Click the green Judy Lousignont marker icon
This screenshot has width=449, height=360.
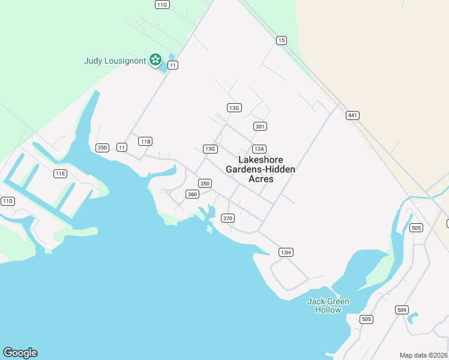point(155,59)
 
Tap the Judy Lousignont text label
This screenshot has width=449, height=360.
point(115,60)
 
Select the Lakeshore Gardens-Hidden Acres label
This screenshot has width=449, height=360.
point(261,169)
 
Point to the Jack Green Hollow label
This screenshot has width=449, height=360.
point(328,305)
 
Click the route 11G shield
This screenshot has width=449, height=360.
point(162,4)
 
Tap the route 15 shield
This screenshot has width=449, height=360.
point(282,40)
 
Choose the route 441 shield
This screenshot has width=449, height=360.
point(352,115)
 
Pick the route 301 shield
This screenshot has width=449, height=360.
point(260,126)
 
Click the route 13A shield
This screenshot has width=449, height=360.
point(259,149)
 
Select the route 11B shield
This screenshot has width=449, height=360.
point(145,141)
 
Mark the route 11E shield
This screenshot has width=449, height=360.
point(60,173)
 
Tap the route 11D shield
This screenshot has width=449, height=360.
point(7,201)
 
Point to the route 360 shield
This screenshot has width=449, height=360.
point(192,194)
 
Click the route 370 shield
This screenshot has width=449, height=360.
point(228,218)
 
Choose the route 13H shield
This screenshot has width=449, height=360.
point(286,252)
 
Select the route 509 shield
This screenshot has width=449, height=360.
point(402,310)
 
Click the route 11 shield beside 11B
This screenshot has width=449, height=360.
point(122,147)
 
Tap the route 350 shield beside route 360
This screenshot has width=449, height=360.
point(205,183)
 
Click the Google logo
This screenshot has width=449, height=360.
point(20,353)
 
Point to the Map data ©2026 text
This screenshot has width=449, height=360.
point(423,355)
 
